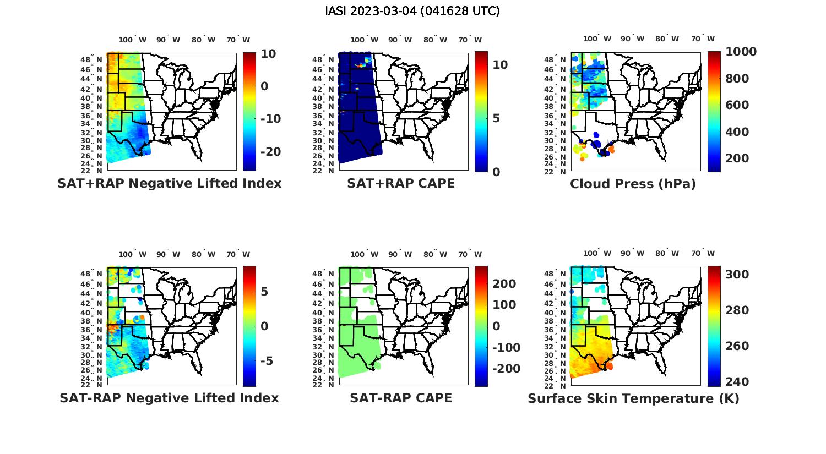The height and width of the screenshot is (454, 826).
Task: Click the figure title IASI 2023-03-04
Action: pyautogui.click(x=412, y=11)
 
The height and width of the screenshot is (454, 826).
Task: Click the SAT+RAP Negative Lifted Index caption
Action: pyautogui.click(x=170, y=183)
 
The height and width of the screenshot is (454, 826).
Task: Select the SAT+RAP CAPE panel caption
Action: pyautogui.click(x=401, y=183)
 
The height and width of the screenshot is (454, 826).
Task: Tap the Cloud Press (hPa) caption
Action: pyautogui.click(x=633, y=184)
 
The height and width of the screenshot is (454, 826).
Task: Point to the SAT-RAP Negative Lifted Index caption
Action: pyautogui.click(x=169, y=398)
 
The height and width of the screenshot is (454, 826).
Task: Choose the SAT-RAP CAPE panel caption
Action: pyautogui.click(x=401, y=398)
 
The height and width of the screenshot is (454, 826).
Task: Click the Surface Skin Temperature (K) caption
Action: pyautogui.click(x=633, y=398)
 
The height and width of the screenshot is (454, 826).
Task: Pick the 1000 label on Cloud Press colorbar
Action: pyautogui.click(x=741, y=52)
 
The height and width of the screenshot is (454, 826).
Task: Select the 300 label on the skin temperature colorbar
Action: pyautogui.click(x=737, y=275)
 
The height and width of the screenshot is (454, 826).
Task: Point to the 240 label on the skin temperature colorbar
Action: pyautogui.click(x=737, y=382)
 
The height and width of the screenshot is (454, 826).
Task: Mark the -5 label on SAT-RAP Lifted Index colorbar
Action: pyautogui.click(x=263, y=361)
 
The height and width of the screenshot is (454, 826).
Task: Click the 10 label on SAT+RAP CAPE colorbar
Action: pyautogui.click(x=500, y=65)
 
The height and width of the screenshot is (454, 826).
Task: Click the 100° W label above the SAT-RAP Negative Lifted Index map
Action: pyautogui.click(x=133, y=254)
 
